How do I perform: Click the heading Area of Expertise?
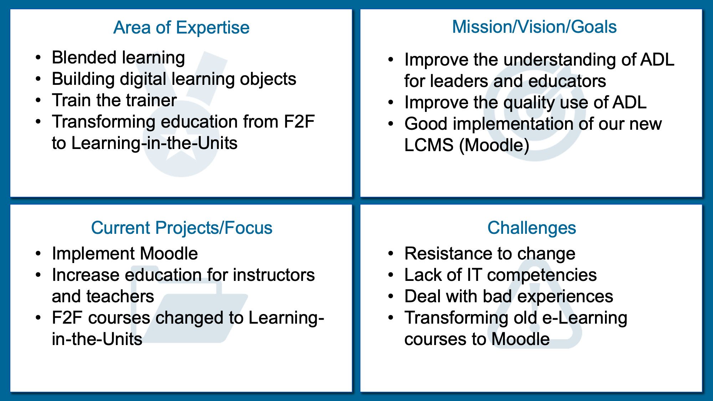(x=181, y=27)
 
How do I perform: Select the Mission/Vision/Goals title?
(x=534, y=27)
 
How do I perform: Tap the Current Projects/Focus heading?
(x=181, y=228)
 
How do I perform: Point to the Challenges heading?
(x=532, y=228)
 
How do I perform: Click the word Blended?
(x=84, y=57)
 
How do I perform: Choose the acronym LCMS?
(x=429, y=145)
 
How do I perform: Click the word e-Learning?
(x=585, y=318)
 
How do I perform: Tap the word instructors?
(x=274, y=275)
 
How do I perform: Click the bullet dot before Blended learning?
(x=39, y=58)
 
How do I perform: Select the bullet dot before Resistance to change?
(x=391, y=254)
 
